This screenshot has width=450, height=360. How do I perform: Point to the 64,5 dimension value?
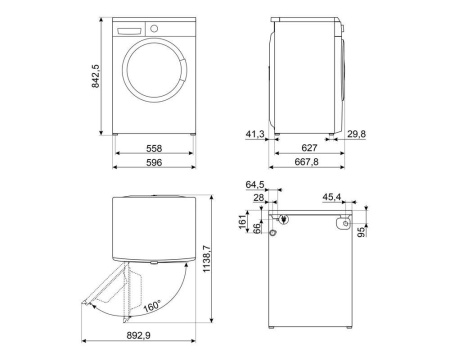[256, 185]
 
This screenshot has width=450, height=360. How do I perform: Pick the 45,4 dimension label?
[333, 198]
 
